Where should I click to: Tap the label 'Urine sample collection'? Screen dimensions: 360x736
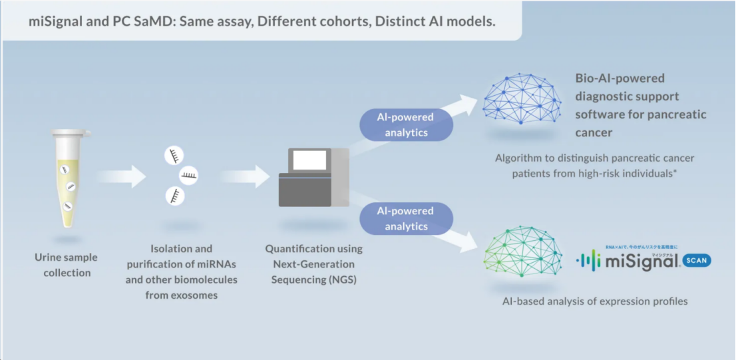(x=67, y=265)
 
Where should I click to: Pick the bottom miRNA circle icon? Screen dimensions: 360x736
(x=175, y=196)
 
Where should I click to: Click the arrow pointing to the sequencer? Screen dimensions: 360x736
(x=244, y=176)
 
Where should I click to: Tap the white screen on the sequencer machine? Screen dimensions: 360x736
(x=309, y=160)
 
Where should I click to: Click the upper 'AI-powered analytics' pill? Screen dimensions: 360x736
(x=406, y=124)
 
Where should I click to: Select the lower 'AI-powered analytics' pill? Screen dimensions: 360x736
(x=406, y=218)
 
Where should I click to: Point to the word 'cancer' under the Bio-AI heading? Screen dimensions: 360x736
(x=593, y=132)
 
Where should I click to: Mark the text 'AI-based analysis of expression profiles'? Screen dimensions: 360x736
(x=595, y=301)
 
